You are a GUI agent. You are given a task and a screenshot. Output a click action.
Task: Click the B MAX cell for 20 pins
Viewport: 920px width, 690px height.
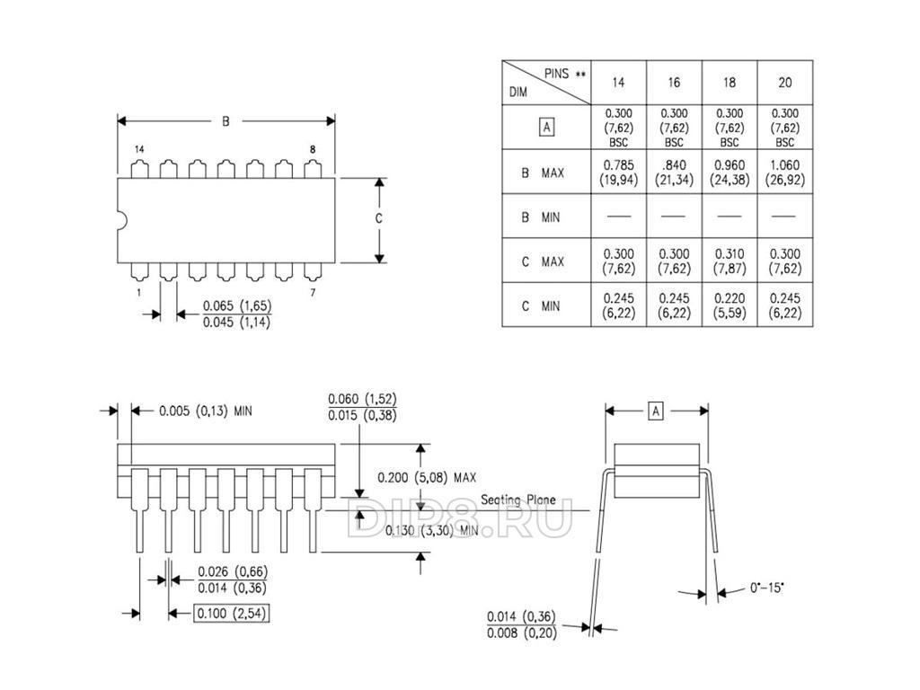[x=784, y=171]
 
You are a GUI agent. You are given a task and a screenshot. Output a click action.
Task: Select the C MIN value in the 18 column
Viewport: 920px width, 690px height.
[x=729, y=305]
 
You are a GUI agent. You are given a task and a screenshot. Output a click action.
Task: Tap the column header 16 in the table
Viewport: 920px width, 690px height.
[x=674, y=83]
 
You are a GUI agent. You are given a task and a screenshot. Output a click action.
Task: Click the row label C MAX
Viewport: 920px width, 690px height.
[x=543, y=261]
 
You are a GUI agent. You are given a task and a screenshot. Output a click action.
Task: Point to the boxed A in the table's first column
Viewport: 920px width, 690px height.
[x=546, y=127]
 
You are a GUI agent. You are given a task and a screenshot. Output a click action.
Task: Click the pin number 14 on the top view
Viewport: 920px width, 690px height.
[x=139, y=148]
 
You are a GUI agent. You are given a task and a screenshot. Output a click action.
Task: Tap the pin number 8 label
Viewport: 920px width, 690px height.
[x=312, y=148]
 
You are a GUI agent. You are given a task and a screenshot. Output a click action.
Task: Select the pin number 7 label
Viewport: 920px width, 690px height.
[x=312, y=293]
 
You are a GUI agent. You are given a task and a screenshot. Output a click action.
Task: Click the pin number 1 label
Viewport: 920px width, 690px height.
[x=139, y=293]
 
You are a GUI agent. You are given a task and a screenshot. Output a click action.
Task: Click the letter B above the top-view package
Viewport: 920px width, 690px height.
[x=226, y=119]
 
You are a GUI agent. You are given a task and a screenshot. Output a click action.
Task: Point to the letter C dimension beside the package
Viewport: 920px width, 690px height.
[x=379, y=219]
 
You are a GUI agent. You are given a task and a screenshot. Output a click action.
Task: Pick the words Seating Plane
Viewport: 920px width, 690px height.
[x=517, y=500]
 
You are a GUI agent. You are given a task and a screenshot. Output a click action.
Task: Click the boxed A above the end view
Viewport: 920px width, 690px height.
[x=656, y=411]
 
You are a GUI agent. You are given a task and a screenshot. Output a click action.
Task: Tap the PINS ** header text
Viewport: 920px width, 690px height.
[x=565, y=74]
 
